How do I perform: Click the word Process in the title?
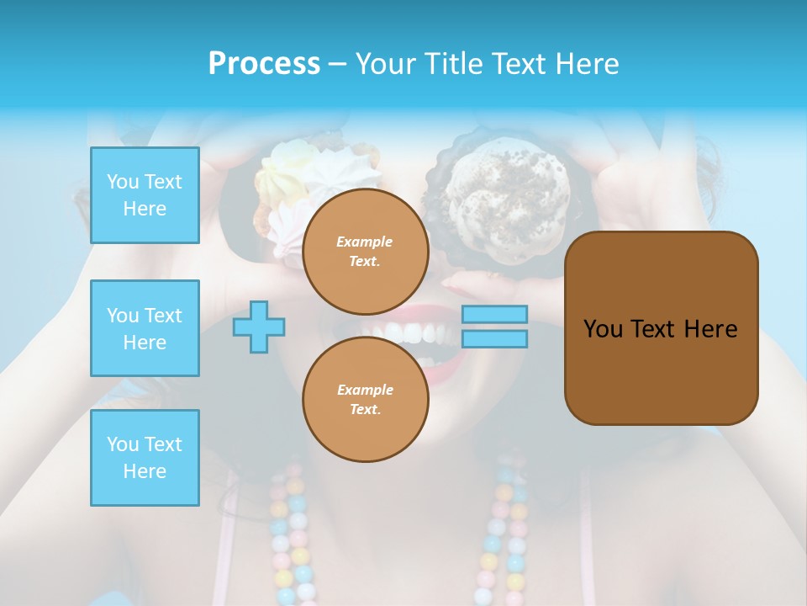point(264,64)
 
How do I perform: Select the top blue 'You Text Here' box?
point(145,195)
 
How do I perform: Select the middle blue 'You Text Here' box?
point(145,328)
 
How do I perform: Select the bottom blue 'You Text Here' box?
point(145,457)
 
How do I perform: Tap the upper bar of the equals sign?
point(494,315)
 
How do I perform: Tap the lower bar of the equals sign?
point(494,339)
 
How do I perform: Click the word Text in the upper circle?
point(363,261)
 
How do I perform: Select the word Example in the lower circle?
point(365,390)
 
